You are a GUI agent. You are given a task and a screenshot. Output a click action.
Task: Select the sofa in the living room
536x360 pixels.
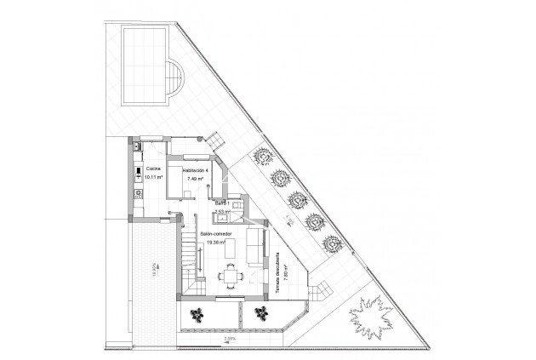(254, 244)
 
